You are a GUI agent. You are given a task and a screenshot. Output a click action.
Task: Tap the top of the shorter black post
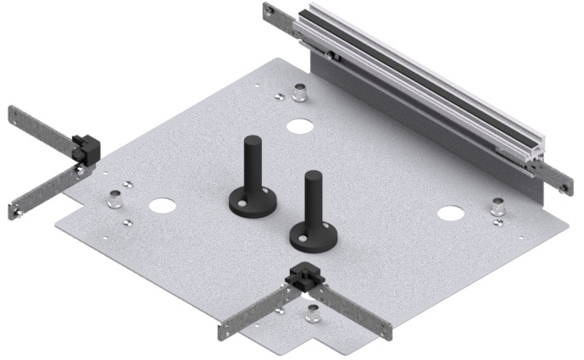[x=313, y=177]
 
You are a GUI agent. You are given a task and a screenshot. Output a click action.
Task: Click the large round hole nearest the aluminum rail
[x=298, y=127]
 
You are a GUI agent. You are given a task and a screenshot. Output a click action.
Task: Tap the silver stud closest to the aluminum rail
[x=299, y=91]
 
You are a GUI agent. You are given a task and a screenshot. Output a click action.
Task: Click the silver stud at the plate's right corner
[x=500, y=207]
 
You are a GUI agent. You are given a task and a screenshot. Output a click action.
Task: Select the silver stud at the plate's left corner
[x=114, y=201]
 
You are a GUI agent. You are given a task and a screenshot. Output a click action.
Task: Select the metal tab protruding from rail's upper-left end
[x=280, y=18]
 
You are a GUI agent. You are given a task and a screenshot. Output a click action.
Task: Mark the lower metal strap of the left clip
[x=42, y=193]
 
